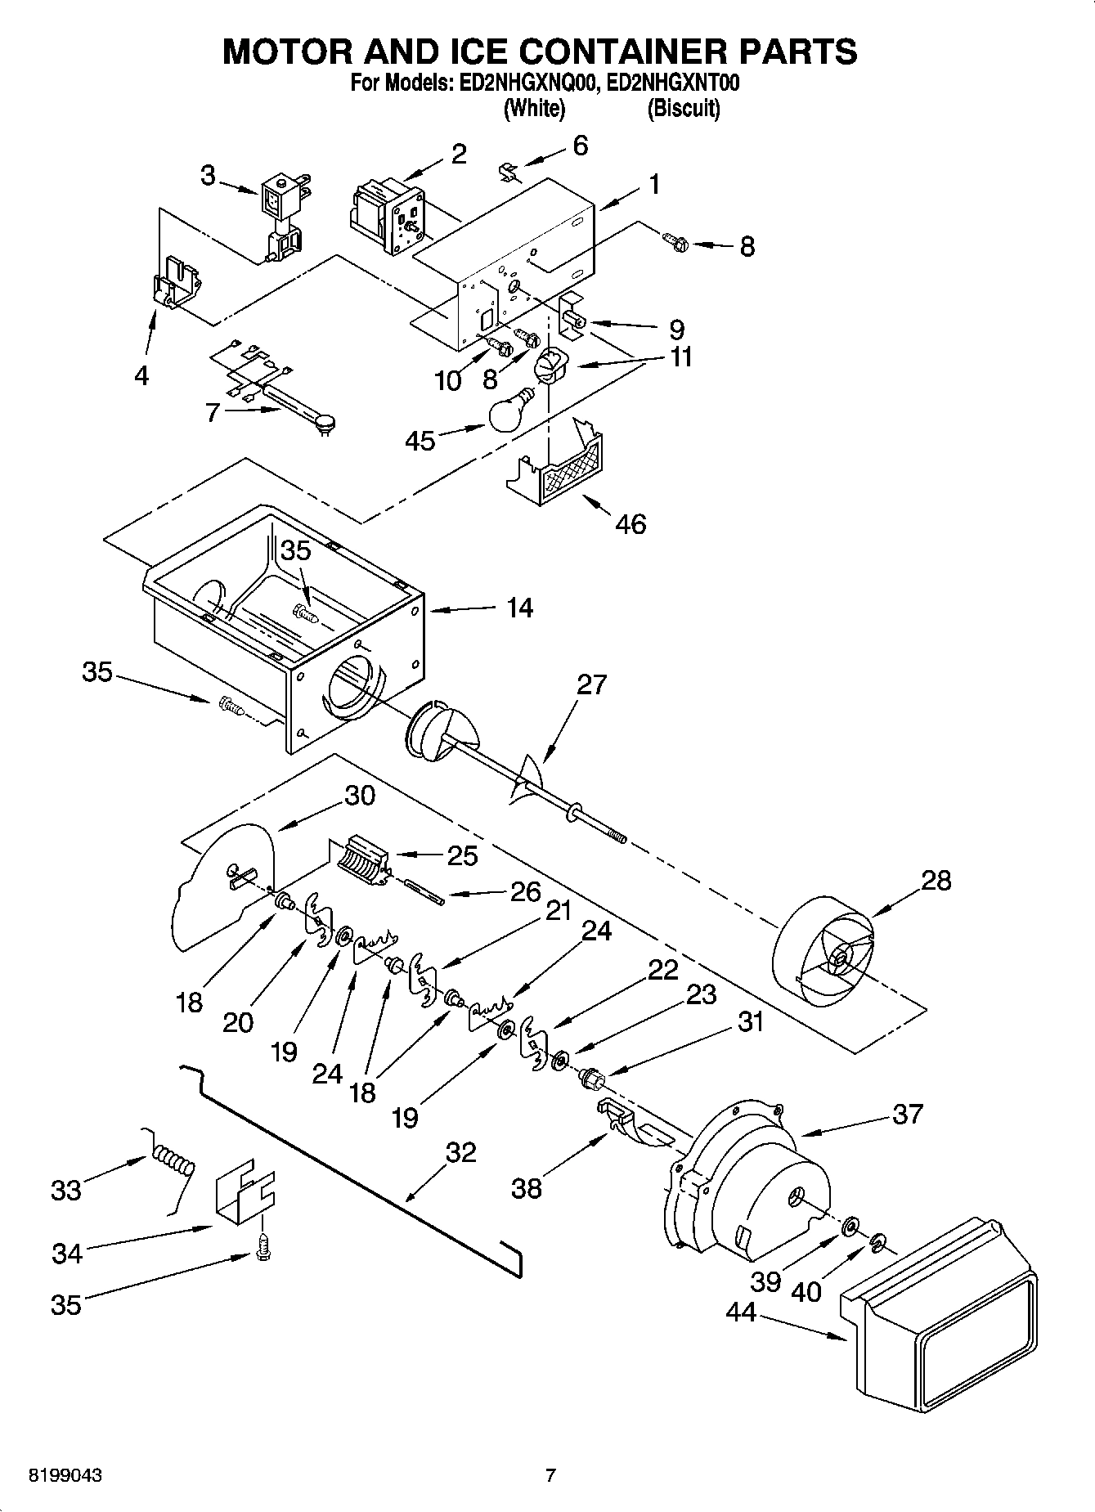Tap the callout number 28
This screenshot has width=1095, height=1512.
click(x=936, y=881)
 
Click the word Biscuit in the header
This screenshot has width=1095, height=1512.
click(x=684, y=109)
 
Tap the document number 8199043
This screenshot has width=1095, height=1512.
click(x=65, y=1475)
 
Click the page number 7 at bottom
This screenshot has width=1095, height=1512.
click(x=550, y=1475)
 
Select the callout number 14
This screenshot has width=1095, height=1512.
click(x=519, y=608)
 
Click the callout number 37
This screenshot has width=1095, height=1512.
click(x=908, y=1114)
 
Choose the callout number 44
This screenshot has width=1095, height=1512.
click(x=742, y=1312)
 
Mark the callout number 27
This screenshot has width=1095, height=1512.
click(x=591, y=684)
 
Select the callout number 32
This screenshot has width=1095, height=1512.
click(x=460, y=1152)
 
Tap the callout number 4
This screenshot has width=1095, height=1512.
click(x=141, y=375)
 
